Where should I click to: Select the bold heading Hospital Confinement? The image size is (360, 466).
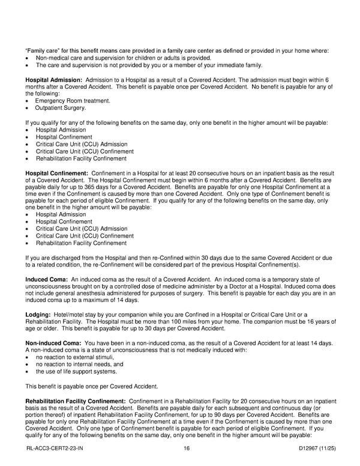[57, 173]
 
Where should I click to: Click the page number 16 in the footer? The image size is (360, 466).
[188, 448]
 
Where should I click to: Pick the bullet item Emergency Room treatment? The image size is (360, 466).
[73, 101]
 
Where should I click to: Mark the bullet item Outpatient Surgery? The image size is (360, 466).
[62, 108]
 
